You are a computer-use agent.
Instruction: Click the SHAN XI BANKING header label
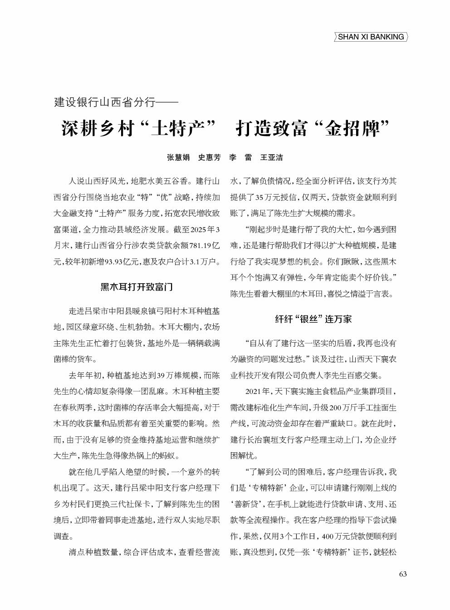[x=371, y=37]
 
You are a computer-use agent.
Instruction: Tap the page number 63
[x=403, y=574]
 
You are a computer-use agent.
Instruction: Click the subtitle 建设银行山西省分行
[x=105, y=102]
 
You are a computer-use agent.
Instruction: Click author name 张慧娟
[x=178, y=157]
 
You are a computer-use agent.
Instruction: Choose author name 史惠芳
[x=209, y=157]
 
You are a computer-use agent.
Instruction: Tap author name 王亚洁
[x=271, y=157]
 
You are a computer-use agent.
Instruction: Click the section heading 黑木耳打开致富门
[x=137, y=287]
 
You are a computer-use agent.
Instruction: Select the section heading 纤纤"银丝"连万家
[x=313, y=319]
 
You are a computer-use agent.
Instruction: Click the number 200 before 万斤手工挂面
[x=335, y=408]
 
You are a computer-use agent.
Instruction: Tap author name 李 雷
[x=240, y=157]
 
